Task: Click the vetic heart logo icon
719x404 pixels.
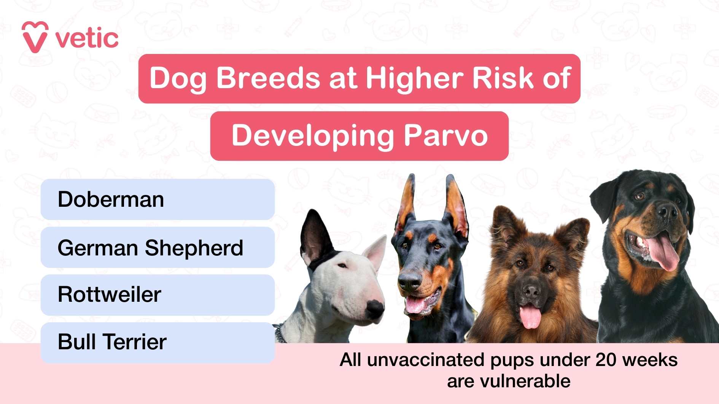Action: point(35,37)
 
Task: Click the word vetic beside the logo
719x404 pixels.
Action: point(87,39)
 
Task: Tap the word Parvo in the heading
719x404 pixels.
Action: point(445,136)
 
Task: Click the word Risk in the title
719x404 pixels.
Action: point(503,78)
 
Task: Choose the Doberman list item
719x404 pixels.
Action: point(157,200)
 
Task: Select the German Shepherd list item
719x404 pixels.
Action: point(157,248)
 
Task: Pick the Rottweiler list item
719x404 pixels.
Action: point(157,295)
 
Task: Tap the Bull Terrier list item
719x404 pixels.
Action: point(157,342)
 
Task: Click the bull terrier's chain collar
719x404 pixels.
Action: point(280,333)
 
